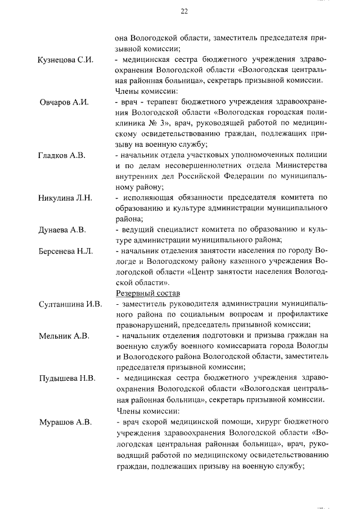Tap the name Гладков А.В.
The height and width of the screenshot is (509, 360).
point(62,155)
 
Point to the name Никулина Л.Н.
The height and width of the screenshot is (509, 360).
point(65,198)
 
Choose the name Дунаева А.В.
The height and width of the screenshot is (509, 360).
point(62,229)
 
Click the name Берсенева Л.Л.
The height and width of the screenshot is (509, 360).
point(66,251)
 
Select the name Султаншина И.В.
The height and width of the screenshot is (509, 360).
point(70,304)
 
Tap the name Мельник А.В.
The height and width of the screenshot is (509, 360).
point(64,336)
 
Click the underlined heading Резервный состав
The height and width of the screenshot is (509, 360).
point(147,293)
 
